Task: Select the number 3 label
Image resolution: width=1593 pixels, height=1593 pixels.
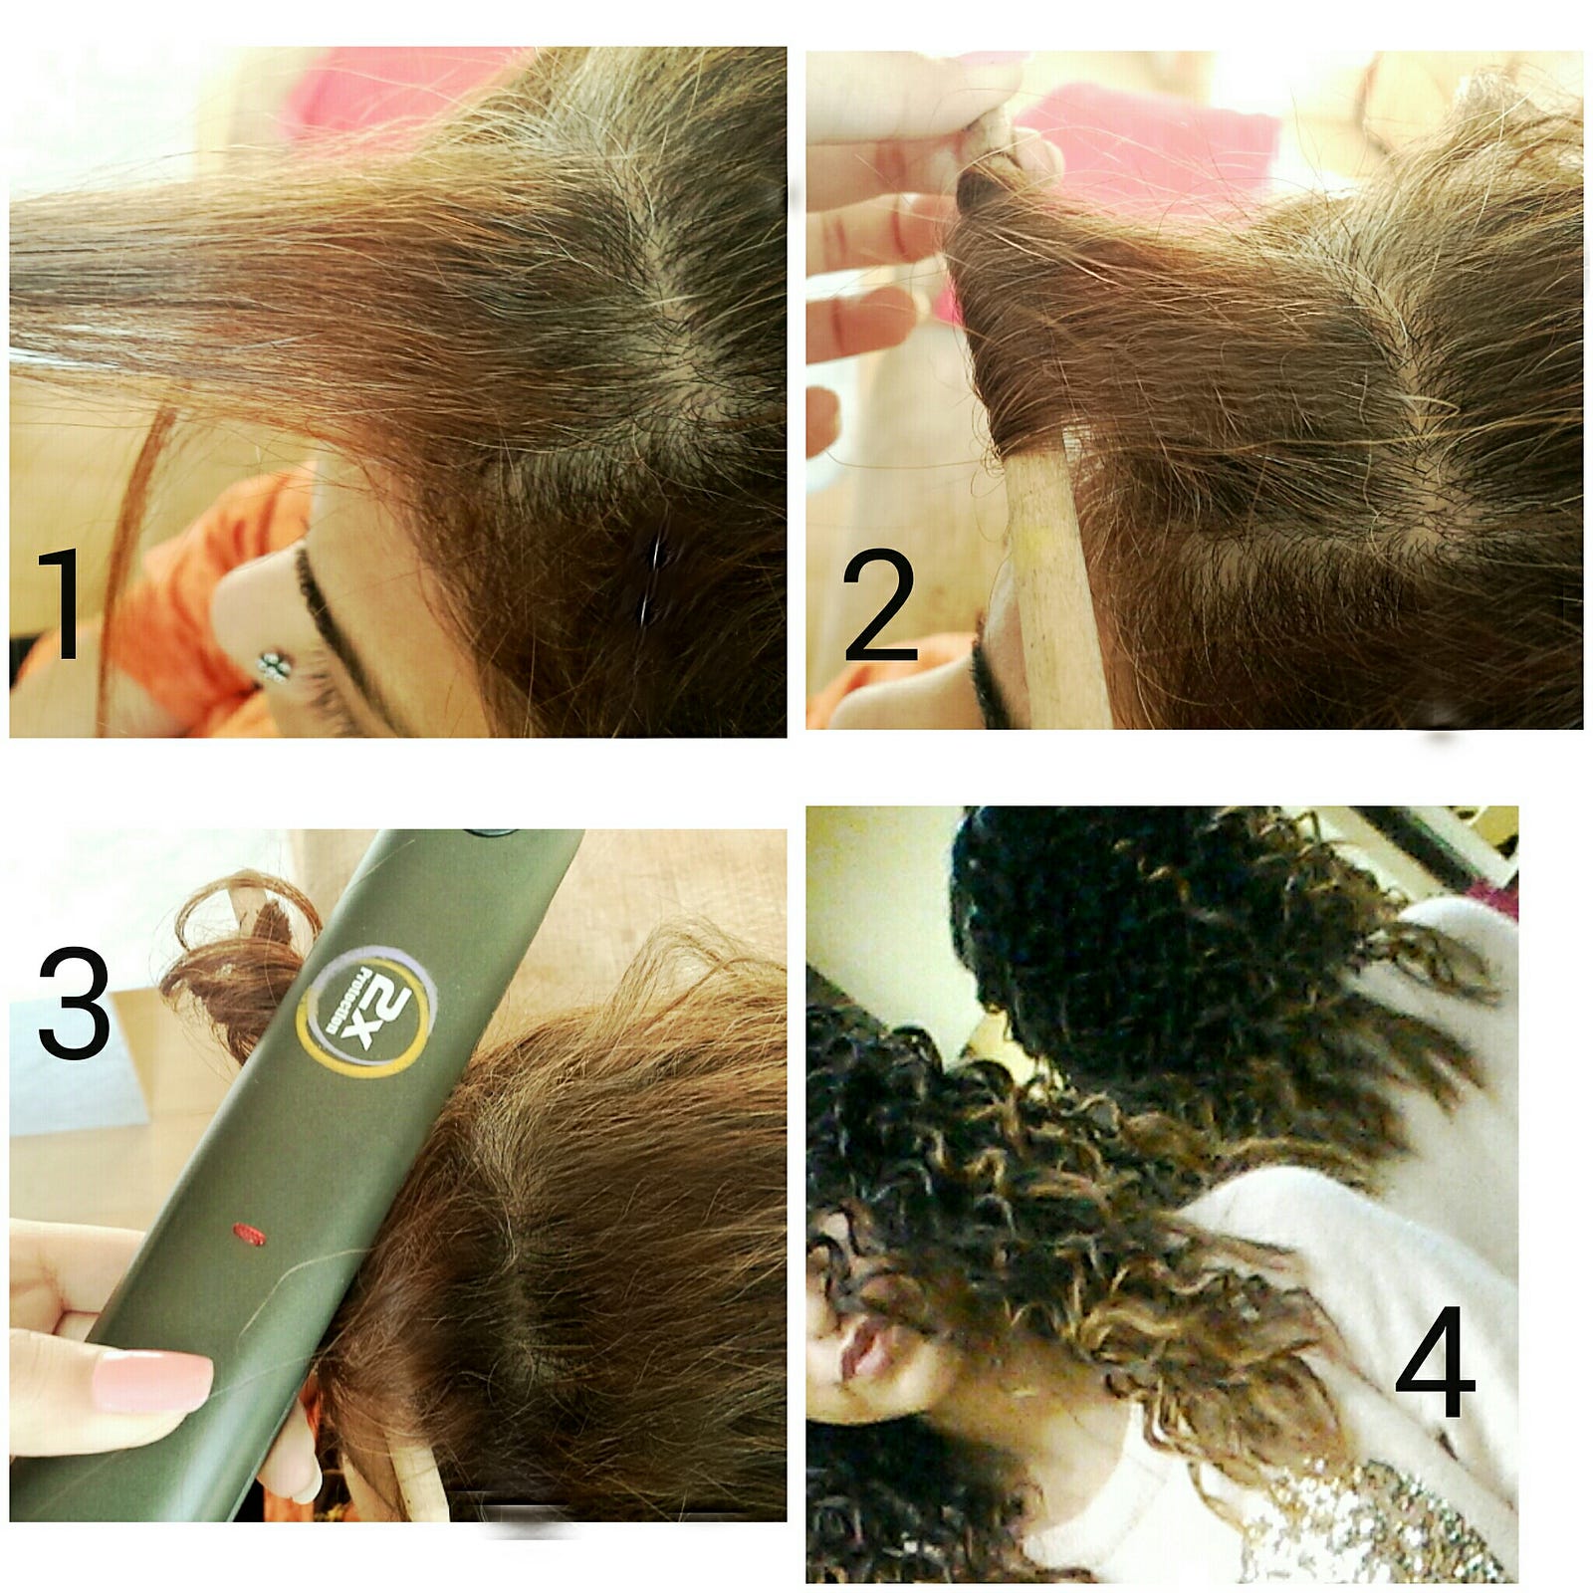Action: click(75, 1003)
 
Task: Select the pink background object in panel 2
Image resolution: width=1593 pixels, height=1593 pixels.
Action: click(1145, 149)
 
